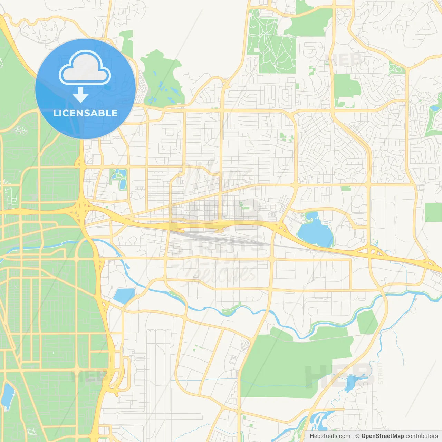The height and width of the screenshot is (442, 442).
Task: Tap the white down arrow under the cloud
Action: click(x=80, y=95)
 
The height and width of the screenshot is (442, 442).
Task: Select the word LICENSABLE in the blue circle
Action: click(x=85, y=113)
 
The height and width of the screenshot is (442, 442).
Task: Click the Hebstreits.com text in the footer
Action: click(x=330, y=436)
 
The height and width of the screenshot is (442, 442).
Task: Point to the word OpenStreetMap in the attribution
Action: click(x=382, y=436)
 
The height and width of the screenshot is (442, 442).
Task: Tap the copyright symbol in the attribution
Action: click(x=357, y=436)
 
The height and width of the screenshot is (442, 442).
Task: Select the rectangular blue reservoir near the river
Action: click(x=124, y=295)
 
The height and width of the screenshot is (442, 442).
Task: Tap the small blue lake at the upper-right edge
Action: click(x=435, y=108)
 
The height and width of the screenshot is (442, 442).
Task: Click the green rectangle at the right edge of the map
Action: click(x=433, y=212)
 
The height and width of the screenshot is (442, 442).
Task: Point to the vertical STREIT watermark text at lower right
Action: click(x=381, y=373)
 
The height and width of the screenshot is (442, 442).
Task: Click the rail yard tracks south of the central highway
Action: click(x=214, y=238)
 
